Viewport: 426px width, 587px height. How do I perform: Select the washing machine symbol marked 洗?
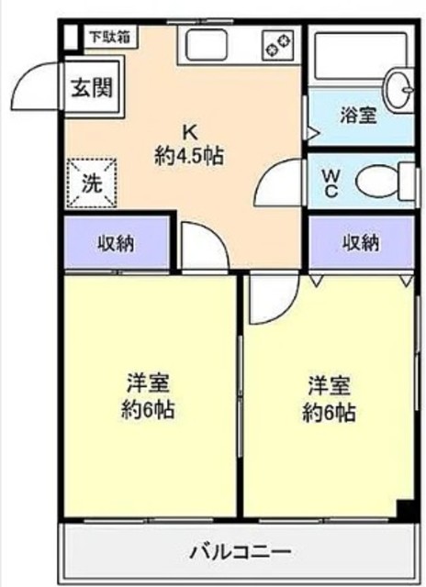(92, 181)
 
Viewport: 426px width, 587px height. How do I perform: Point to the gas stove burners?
(277, 42)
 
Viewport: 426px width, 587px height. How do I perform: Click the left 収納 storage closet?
(117, 243)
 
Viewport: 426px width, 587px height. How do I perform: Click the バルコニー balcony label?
(241, 552)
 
